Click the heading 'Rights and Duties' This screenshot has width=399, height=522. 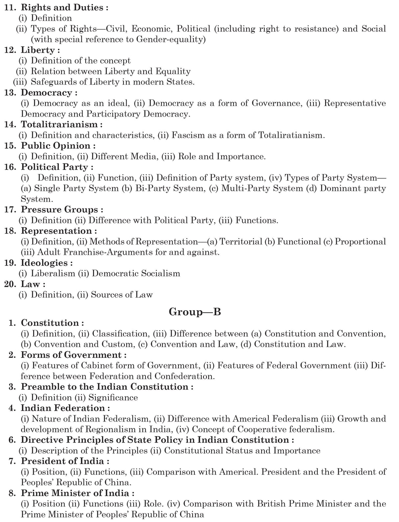pyautogui.click(x=62, y=7)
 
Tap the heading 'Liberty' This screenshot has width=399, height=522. pyautogui.click(x=38, y=50)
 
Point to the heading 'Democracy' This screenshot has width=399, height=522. pyautogui.click(x=46, y=93)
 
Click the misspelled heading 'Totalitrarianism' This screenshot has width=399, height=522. pyautogui.click(x=59, y=124)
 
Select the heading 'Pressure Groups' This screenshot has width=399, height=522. pyautogui.click(x=59, y=209)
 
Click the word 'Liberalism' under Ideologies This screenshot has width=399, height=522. pyautogui.click(x=53, y=273)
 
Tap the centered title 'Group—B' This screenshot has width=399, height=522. pyautogui.click(x=195, y=312)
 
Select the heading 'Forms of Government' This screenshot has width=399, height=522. pyautogui.click(x=71, y=355)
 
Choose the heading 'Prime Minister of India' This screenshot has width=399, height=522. pyautogui.click(x=75, y=493)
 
